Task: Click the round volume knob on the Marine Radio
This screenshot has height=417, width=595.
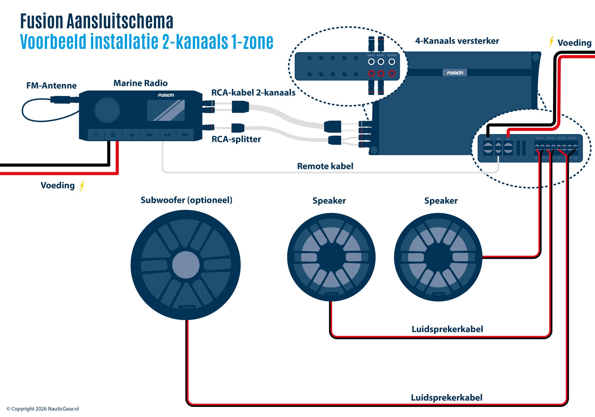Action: [107, 110]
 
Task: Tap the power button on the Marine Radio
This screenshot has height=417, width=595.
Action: [96, 135]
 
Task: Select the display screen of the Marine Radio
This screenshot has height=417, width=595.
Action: [166, 110]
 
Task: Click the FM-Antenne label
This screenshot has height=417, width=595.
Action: [51, 86]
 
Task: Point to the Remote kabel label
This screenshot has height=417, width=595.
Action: [325, 166]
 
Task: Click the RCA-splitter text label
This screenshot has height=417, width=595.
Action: [236, 139]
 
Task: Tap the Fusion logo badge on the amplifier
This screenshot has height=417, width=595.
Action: [455, 73]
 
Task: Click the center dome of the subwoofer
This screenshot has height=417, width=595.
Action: [186, 265]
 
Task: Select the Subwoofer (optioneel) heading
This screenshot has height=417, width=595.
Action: [187, 200]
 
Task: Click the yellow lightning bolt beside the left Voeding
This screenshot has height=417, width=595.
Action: [82, 186]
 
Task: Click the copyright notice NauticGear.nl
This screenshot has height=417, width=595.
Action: [43, 409]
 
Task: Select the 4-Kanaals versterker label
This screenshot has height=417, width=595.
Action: [457, 41]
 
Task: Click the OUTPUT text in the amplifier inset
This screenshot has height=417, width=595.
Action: [392, 55]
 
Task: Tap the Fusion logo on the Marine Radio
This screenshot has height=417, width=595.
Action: [166, 95]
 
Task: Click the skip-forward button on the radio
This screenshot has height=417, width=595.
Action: [185, 135]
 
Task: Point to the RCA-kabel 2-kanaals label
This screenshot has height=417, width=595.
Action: [253, 93]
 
